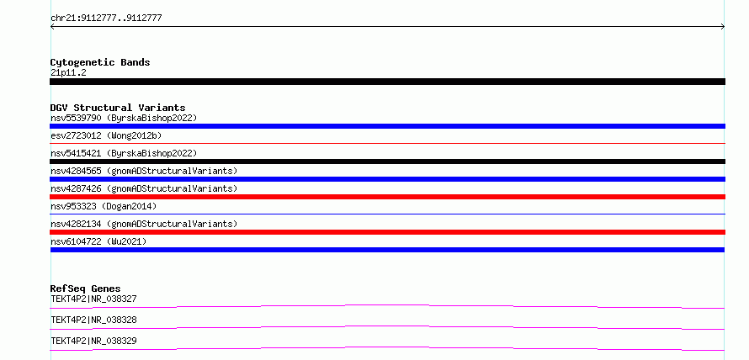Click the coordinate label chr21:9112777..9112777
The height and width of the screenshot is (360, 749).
106,19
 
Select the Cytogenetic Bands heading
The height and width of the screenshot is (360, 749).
100,62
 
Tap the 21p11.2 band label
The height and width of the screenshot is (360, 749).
68,73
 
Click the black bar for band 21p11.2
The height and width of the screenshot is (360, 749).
387,82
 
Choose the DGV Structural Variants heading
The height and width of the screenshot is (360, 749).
118,108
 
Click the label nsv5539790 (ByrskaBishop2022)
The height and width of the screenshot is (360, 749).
124,118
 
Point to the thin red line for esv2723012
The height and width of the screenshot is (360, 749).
387,143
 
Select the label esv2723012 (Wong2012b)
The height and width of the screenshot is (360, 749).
106,135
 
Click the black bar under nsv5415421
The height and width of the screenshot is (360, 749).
387,161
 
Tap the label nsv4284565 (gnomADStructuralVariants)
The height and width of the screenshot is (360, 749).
144,171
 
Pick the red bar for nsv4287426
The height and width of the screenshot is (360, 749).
387,197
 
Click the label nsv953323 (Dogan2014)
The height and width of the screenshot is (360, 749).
104,206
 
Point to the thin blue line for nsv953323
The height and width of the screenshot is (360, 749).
387,214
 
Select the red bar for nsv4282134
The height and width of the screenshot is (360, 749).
387,232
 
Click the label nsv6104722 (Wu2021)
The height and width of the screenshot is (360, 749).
98,241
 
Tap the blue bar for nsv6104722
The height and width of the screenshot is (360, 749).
387,250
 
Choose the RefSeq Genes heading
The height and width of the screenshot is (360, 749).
86,289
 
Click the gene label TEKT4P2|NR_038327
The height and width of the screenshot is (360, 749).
93,299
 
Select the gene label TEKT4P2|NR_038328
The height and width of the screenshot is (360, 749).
93,320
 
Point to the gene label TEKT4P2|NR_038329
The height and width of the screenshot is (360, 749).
93,341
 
